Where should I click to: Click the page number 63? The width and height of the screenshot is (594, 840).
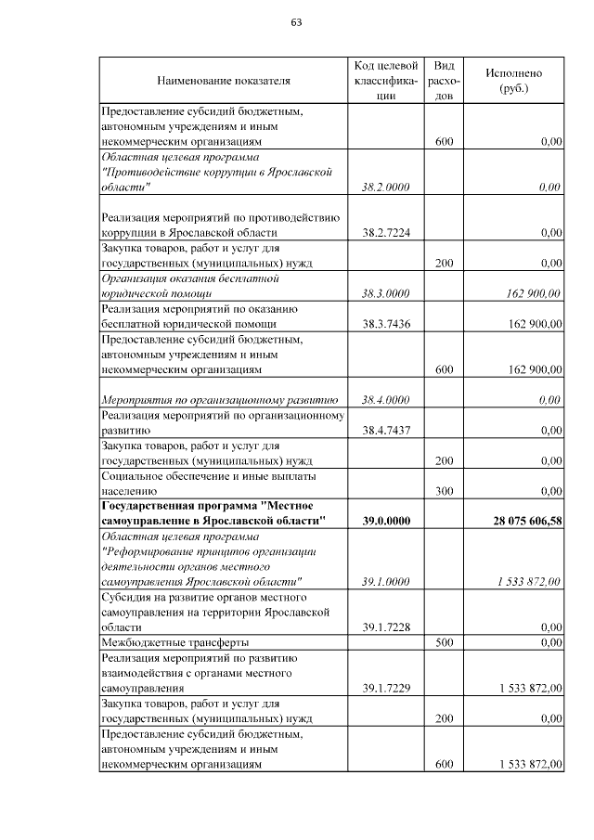click(x=297, y=22)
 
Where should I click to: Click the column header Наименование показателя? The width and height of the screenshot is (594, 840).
click(x=224, y=81)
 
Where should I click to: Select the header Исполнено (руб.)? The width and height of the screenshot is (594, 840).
click(x=513, y=81)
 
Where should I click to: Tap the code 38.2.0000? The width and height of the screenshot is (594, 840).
click(x=385, y=187)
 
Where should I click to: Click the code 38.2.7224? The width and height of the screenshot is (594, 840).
click(x=385, y=233)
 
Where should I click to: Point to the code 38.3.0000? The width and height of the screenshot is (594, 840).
click(x=385, y=293)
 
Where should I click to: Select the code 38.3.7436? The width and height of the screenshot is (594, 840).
click(x=385, y=324)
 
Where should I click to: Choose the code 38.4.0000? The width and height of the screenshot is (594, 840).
click(x=385, y=399)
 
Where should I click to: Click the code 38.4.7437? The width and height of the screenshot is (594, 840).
click(x=385, y=430)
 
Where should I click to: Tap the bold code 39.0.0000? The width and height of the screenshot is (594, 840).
click(x=385, y=521)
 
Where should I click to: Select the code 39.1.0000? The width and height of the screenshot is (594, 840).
click(x=385, y=581)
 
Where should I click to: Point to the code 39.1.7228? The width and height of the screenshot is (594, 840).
click(x=385, y=627)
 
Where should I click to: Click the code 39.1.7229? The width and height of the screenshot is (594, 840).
click(x=385, y=688)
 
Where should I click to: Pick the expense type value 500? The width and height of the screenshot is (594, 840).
click(x=444, y=642)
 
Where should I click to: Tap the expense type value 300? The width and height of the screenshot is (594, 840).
click(x=444, y=490)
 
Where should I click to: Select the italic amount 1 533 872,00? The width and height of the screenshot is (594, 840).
click(x=528, y=581)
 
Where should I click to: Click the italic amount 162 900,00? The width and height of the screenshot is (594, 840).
click(x=535, y=293)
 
